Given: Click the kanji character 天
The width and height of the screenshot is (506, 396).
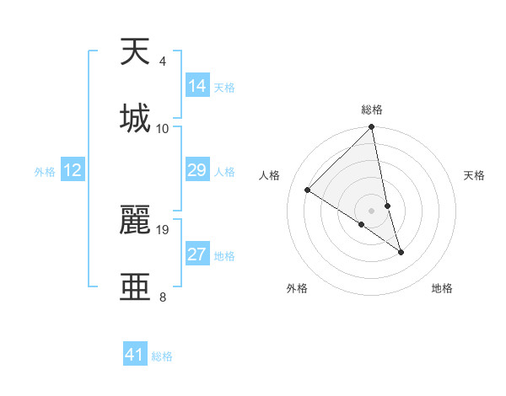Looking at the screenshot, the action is coord(136,52).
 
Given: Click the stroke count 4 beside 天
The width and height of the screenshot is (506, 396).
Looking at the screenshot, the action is coord(162,62).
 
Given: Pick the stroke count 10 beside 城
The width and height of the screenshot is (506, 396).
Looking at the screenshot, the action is coord(163,129).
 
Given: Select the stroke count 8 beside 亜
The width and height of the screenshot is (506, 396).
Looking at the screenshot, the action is coord(162,297).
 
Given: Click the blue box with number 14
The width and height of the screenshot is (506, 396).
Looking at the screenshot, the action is coord(197,86).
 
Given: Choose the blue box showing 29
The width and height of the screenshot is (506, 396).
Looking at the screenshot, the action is coord(197,170).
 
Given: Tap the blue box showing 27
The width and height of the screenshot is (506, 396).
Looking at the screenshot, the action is coord(197,254).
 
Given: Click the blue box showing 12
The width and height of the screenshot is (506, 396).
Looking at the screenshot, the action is coord(73,170).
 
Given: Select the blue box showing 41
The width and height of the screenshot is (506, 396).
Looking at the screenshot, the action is coord(135,355).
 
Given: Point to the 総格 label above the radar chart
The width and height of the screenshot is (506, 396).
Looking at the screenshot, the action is coord(372,110).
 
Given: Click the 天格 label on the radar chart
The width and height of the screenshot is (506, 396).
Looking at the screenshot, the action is coord(475,175).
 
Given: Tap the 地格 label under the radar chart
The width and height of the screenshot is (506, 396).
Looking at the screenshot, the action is coord(442,288).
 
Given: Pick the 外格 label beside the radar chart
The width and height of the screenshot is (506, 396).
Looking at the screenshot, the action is coord(297,288).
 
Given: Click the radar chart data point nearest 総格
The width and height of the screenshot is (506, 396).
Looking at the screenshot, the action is coord(372,127).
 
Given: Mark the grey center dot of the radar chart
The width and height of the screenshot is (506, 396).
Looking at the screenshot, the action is coord(372,210).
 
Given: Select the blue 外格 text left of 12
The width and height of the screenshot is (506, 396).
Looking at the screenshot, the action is coord(45,171).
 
